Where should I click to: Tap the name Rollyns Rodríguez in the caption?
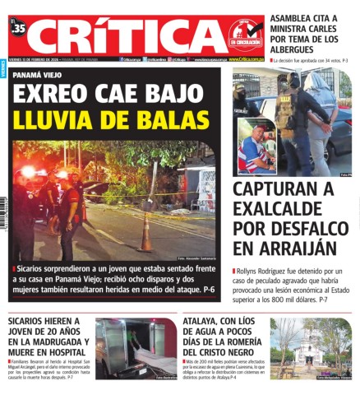265,271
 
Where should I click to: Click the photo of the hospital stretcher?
136,350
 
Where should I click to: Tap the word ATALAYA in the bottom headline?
206,322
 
